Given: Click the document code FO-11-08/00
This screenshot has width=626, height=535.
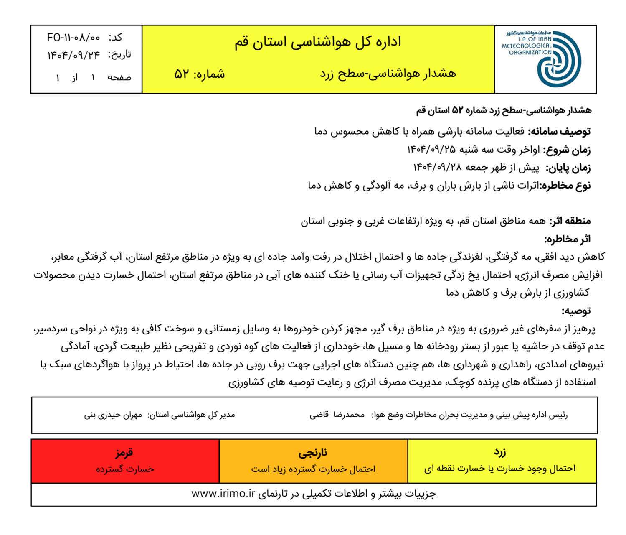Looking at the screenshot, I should [73, 38].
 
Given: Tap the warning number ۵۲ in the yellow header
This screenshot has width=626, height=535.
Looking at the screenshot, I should [182, 74].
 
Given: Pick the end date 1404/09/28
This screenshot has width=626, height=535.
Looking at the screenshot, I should [438, 167].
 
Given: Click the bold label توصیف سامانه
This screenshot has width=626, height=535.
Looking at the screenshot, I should [559, 132].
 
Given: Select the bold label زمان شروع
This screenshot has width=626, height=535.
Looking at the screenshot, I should [567, 150].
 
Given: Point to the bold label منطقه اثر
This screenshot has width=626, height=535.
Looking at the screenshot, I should [570, 221].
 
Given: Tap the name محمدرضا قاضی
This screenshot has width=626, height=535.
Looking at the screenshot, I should [337, 415].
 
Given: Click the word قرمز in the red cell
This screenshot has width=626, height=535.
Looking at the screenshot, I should [124, 452].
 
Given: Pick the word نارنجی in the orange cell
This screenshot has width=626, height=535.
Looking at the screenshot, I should [313, 452].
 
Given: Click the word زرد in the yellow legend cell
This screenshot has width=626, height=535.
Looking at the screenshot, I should [499, 452].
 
